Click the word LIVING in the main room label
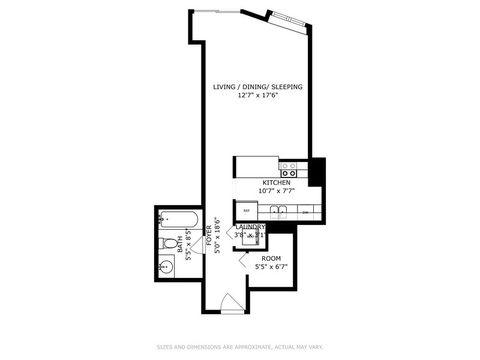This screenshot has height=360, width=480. (x=225, y=87)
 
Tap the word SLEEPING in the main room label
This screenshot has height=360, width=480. (x=285, y=87)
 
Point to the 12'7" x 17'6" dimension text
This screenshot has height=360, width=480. (x=257, y=96)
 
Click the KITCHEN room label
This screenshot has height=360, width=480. (x=276, y=183)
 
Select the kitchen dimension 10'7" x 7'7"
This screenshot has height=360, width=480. (x=276, y=192)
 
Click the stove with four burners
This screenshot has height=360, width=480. (x=291, y=166)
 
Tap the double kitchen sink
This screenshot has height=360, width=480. (x=276, y=211)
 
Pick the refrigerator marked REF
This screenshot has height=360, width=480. (x=246, y=211)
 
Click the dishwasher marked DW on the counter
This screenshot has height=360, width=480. (x=305, y=211)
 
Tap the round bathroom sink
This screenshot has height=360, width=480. (x=167, y=267)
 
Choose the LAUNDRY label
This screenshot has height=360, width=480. (x=251, y=227)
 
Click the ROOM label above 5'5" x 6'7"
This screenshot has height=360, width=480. (x=271, y=258)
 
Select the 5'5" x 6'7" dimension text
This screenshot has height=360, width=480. (x=271, y=267)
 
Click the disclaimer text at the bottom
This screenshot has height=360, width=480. (x=240, y=346)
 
